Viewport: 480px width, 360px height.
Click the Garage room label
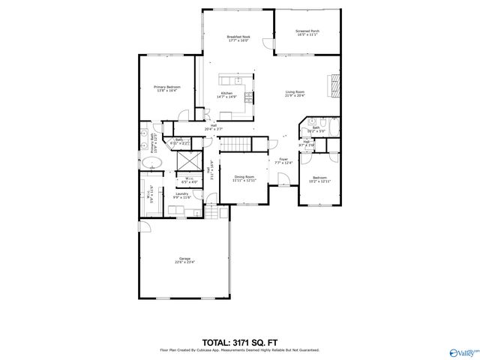point(184,259)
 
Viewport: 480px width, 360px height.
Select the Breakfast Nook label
point(239,37)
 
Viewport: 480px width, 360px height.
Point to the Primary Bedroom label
point(166,87)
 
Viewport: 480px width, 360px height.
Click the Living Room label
point(294,91)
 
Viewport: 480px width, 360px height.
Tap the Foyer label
point(283,159)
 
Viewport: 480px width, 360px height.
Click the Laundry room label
point(181,193)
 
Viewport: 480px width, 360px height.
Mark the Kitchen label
point(226,93)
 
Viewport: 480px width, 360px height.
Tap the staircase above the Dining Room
point(236,142)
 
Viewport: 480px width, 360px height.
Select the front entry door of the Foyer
point(283,180)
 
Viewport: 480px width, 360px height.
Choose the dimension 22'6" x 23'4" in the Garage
point(184,263)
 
